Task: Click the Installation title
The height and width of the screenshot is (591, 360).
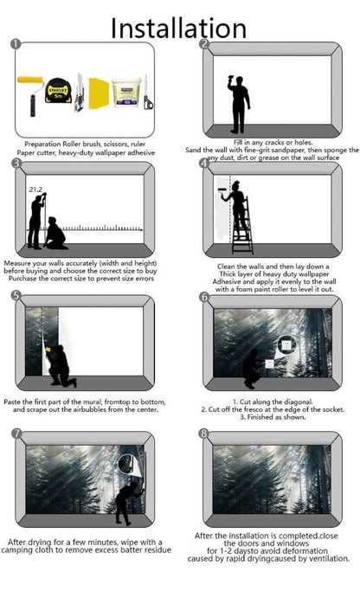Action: [178, 28]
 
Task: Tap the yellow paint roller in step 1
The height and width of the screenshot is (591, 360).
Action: [31, 95]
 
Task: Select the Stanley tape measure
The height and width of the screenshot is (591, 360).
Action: [59, 91]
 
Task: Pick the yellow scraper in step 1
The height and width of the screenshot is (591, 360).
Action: [99, 93]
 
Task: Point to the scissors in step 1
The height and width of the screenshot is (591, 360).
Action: [148, 93]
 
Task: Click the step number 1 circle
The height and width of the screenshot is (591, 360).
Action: [15, 44]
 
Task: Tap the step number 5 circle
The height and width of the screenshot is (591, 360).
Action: [16, 295]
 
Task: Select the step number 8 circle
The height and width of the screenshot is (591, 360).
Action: [203, 434]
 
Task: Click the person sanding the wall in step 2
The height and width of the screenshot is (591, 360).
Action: [238, 105]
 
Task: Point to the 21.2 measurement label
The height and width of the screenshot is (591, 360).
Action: [35, 190]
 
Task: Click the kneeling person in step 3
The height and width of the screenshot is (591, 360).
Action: [55, 234]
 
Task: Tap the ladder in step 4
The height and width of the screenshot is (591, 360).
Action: [242, 226]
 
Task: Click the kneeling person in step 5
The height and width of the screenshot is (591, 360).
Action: [61, 365]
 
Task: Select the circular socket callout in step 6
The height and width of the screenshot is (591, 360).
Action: [286, 344]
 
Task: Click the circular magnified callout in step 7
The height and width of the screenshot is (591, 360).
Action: [127, 464]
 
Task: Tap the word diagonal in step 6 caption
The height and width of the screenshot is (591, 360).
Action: [299, 401]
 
